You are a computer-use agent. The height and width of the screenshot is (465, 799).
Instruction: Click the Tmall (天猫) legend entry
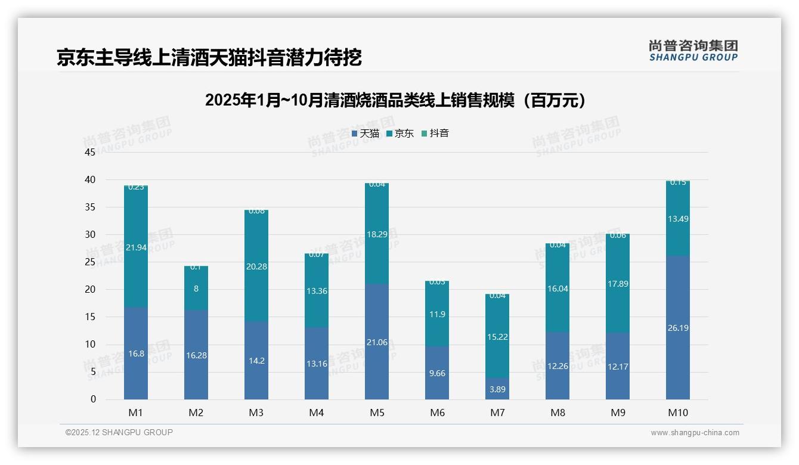366,134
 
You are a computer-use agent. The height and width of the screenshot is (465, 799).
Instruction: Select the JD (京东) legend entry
400,134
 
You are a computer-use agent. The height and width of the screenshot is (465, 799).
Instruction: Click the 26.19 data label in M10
678,328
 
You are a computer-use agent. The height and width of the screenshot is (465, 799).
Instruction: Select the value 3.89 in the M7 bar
497,389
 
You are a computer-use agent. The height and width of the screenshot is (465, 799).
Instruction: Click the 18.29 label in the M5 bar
377,234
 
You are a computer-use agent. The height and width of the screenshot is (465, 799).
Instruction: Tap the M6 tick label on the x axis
437,413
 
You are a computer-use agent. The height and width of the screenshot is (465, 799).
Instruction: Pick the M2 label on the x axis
196,413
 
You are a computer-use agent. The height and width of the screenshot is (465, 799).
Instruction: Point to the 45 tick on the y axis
90,153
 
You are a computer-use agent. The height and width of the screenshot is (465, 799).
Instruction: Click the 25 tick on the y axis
90,262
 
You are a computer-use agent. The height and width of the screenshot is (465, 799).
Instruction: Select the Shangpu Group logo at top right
693,51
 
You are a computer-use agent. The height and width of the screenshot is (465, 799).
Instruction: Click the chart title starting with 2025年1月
395,100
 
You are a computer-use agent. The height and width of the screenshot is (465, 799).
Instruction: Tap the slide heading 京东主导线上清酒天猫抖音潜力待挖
209,58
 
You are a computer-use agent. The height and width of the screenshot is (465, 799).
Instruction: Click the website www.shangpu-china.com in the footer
695,433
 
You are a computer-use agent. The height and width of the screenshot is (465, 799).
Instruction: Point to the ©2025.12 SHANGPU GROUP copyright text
119,433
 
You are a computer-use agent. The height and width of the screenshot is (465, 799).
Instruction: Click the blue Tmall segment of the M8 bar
558,376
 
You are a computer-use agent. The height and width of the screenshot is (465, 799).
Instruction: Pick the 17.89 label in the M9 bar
618,284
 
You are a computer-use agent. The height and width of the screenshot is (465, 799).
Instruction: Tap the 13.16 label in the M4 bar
317,364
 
